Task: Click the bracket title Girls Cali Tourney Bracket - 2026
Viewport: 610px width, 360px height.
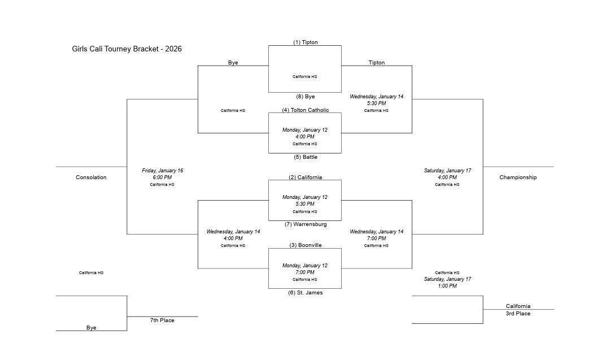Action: point(127,49)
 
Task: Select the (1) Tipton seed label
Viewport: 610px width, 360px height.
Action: point(305,42)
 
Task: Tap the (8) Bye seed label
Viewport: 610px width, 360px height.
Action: point(305,97)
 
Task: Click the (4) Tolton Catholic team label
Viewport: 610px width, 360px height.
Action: point(305,110)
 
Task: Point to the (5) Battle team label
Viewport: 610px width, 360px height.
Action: point(305,157)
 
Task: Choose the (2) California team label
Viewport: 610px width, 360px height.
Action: point(305,177)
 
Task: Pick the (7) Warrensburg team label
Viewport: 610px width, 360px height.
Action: point(305,224)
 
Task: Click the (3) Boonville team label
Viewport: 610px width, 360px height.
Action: point(305,245)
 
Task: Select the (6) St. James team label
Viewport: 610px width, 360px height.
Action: point(305,293)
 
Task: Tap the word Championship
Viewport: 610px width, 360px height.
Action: point(518,177)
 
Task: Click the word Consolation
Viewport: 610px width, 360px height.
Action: point(91,177)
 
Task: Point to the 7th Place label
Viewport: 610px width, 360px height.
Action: point(162,320)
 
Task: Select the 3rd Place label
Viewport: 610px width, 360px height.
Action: point(518,314)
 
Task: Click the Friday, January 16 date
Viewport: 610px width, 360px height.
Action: point(162,171)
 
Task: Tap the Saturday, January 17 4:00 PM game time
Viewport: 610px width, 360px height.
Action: point(447,177)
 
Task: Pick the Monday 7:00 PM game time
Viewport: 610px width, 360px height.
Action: point(305,272)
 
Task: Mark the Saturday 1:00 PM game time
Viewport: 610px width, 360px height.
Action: point(447,286)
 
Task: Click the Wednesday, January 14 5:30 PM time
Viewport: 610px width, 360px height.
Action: point(376,103)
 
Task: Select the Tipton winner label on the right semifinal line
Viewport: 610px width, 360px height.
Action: point(376,63)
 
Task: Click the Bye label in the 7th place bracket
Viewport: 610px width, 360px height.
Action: point(91,328)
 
